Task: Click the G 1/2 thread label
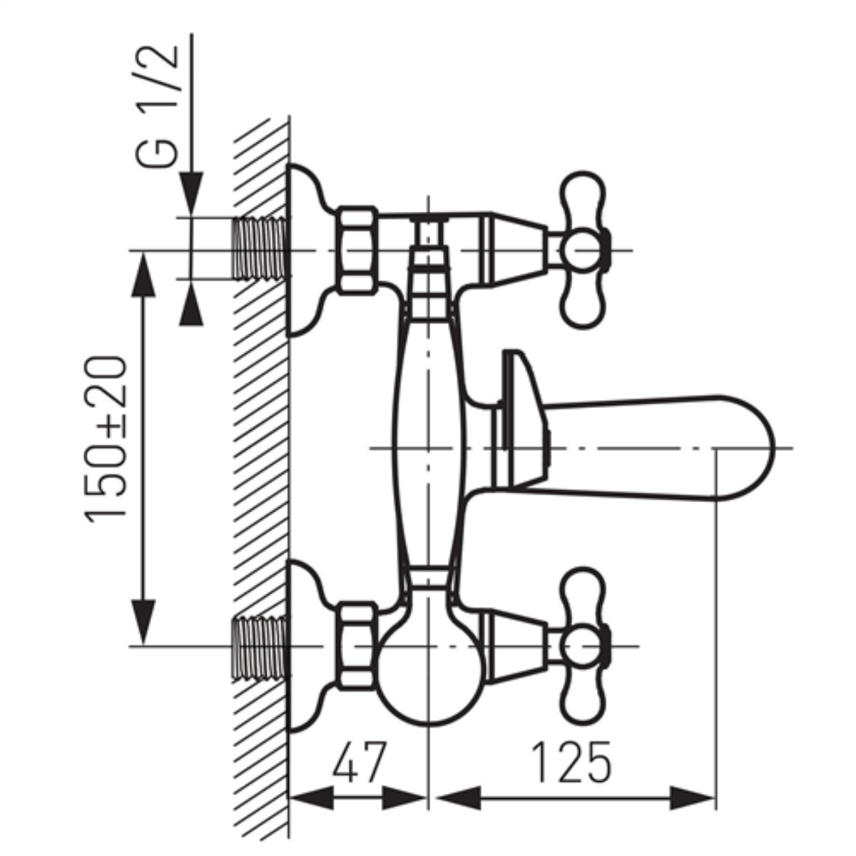pyautogui.click(x=157, y=106)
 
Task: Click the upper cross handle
pyautogui.click(x=583, y=250)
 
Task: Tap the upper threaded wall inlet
pyautogui.click(x=260, y=249)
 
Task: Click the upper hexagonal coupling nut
pyautogui.click(x=356, y=250)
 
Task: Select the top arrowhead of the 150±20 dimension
pyautogui.click(x=143, y=274)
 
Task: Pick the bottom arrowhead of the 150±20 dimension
pyautogui.click(x=143, y=622)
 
